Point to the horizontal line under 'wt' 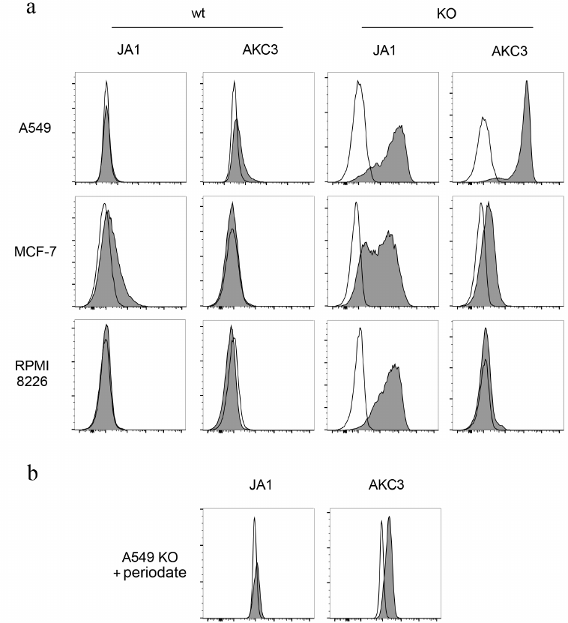pyautogui.click(x=196, y=27)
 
